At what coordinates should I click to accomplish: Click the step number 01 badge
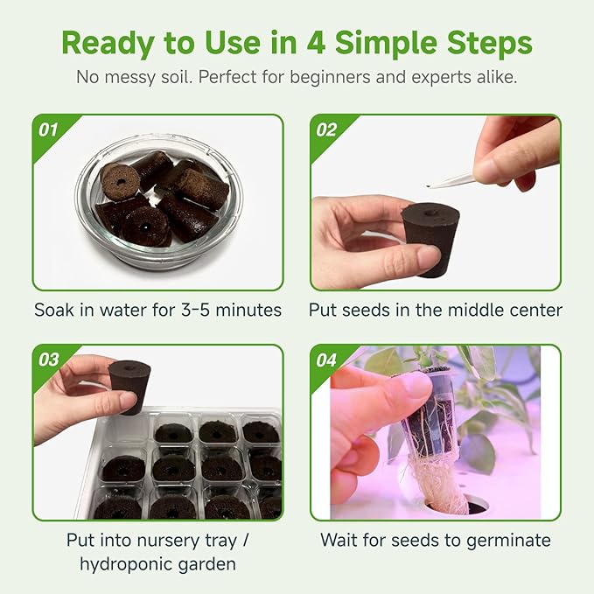click(49, 130)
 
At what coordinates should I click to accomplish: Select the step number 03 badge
click(49, 360)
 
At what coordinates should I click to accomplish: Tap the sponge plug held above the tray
click(129, 384)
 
